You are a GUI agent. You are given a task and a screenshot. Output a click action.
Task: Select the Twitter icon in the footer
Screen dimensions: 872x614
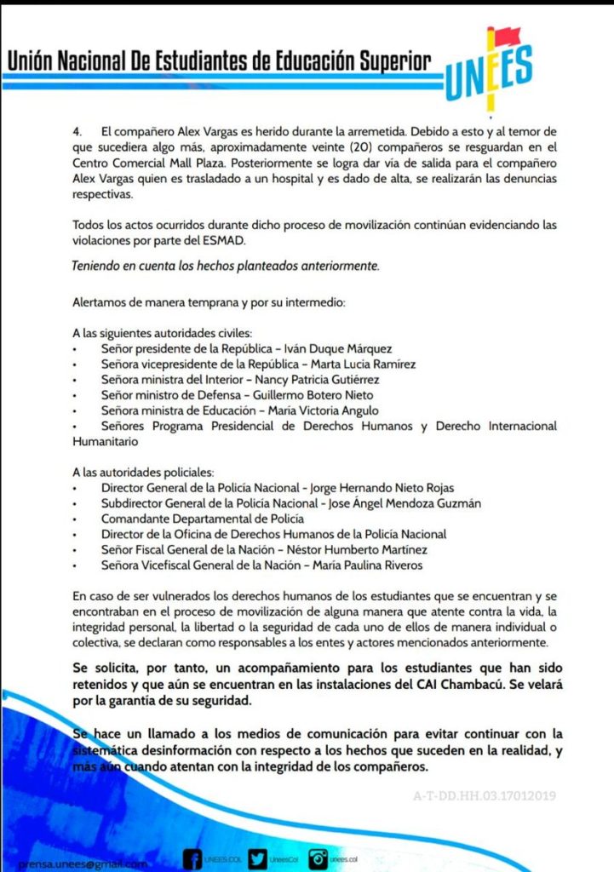coord(258,859)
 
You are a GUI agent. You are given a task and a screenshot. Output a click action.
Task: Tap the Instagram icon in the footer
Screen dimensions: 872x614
coord(318,859)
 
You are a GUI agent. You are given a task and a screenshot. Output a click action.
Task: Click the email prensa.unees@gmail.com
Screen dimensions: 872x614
coord(82,863)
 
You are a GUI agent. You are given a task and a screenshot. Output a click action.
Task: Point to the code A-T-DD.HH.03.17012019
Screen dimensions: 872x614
coord(485,796)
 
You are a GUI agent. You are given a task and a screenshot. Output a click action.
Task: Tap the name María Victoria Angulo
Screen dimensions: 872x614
coord(325,410)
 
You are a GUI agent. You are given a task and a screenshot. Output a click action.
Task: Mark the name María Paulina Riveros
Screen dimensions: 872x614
coord(368,565)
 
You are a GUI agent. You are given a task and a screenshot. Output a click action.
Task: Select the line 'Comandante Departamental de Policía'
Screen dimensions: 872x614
coord(203,519)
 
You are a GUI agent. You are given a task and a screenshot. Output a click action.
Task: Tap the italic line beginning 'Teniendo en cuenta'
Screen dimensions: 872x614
coord(227,266)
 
